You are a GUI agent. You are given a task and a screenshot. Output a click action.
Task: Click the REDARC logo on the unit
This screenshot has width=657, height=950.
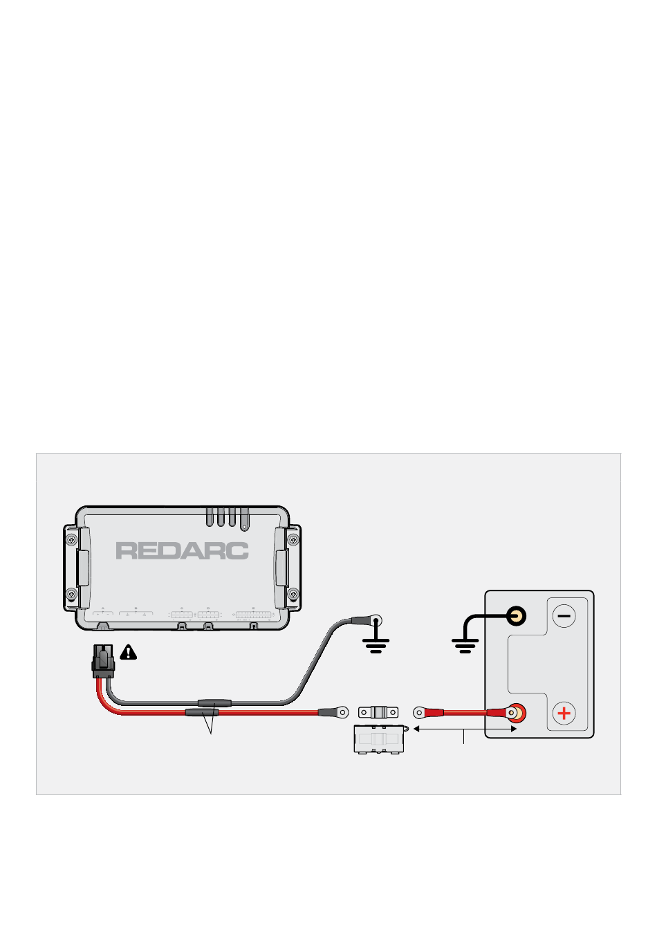coord(182,551)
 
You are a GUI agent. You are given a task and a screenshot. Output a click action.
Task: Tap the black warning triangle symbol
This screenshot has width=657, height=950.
coord(128,652)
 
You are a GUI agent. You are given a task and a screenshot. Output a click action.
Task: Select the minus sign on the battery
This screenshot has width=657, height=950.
coord(564,615)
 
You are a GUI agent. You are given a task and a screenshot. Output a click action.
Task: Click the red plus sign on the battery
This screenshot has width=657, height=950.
coord(564,713)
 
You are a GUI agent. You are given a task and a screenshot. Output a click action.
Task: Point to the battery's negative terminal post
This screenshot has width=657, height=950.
coord(515,615)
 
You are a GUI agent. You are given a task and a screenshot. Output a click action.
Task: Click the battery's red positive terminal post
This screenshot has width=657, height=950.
coord(515,712)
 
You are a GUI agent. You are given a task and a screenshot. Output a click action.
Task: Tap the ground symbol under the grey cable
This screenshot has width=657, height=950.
coord(376,646)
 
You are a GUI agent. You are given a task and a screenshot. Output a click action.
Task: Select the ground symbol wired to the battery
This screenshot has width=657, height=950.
coord(465,646)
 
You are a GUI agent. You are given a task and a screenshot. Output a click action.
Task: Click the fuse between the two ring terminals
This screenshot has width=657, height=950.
coord(379,711)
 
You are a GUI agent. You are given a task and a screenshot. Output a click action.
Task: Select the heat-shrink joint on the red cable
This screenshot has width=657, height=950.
coord(202,712)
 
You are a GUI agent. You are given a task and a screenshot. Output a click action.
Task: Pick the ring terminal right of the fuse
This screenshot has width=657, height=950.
coord(419,711)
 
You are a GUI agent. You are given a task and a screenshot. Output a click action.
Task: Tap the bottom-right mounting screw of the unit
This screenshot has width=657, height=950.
coord(293,593)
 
